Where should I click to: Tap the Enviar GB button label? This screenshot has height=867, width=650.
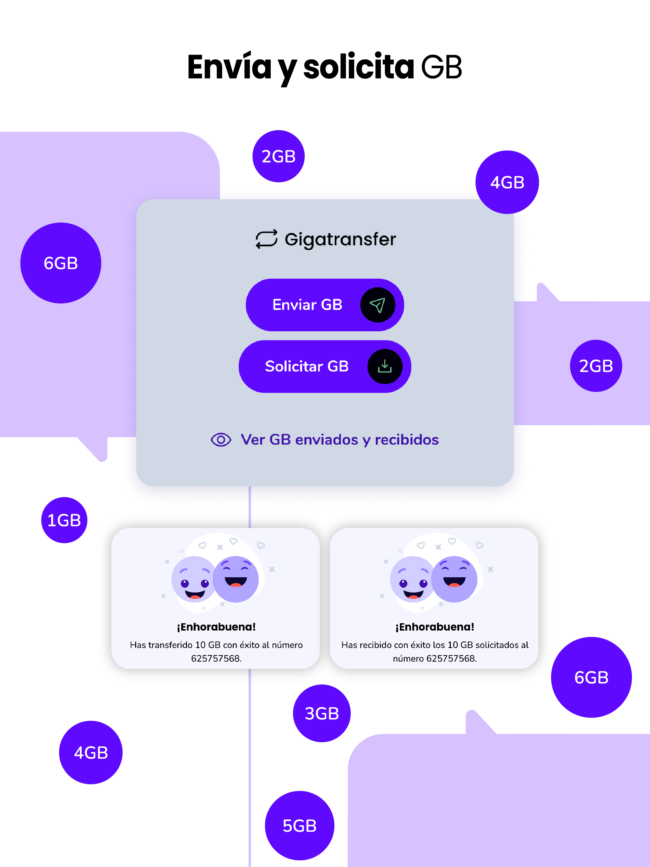307,305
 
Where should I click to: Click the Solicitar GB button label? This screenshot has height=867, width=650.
307,366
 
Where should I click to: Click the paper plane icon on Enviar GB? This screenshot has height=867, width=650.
378,305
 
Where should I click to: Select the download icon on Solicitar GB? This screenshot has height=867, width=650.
385,366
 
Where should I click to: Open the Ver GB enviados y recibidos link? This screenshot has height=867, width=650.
340,440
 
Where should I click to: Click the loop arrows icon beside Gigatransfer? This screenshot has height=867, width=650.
266,239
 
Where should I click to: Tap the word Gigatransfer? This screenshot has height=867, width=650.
340,239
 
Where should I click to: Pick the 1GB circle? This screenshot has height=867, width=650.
64,520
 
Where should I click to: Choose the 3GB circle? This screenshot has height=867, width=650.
322,713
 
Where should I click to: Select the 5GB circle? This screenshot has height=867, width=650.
300,825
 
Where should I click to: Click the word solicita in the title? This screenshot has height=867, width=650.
358,67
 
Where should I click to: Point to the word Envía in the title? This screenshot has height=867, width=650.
229,67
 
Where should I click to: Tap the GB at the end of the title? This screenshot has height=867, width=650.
442,67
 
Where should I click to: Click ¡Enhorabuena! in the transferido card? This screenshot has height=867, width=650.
216,627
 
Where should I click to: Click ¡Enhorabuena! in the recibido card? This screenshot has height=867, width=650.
435,627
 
